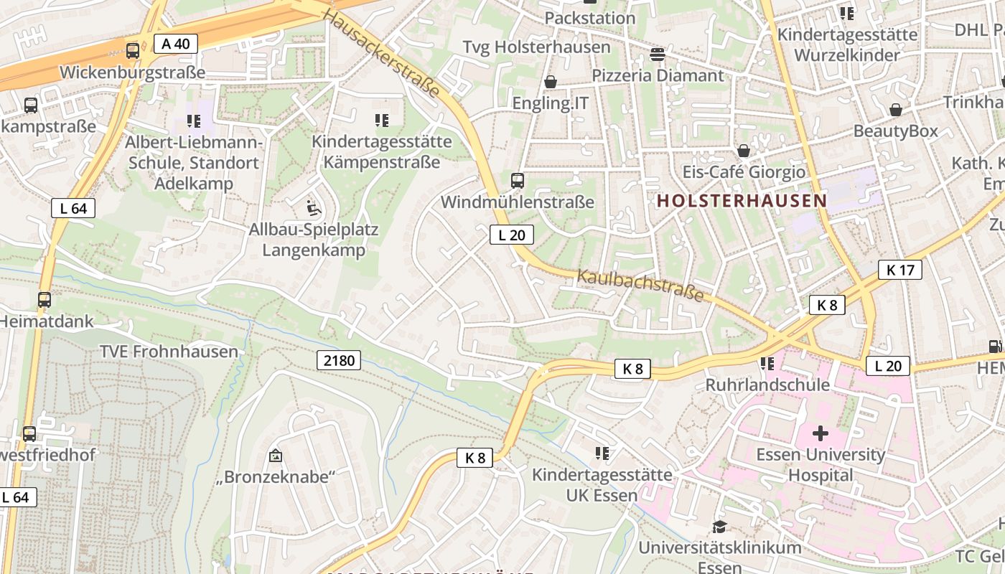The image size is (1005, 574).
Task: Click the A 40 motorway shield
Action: tap(176, 44)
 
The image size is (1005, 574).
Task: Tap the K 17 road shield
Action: tap(899, 270)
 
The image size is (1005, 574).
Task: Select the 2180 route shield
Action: tap(339, 360)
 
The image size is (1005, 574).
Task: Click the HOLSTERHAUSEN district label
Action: tap(742, 201)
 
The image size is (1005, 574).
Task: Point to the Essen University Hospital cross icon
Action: tap(820, 433)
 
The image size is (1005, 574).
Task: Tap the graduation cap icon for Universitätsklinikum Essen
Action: tap(719, 527)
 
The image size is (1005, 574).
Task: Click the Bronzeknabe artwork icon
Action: tap(275, 456)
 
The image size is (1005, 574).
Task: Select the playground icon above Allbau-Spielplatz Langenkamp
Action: tap(313, 208)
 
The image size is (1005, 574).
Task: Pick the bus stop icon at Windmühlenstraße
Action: tap(518, 181)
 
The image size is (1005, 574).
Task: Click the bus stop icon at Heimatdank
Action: tap(45, 300)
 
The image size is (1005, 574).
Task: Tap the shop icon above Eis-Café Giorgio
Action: tap(744, 151)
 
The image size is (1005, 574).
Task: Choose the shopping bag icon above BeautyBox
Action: tap(895, 110)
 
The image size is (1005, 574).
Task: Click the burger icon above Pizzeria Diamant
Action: tap(657, 54)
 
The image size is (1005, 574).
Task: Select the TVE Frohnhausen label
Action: tap(169, 352)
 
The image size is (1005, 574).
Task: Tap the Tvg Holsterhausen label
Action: tap(536, 47)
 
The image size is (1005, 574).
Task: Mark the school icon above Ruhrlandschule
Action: tap(767, 364)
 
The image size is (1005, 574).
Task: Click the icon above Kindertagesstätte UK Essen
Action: tap(602, 453)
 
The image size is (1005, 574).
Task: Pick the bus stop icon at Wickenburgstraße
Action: tap(133, 51)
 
